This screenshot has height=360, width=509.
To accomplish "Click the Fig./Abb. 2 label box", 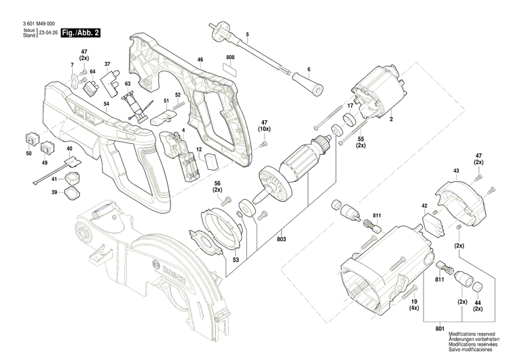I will (x=80, y=33).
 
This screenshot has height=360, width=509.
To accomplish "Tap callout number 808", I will (x=230, y=56).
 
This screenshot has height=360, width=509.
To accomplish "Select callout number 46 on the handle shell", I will (x=200, y=61).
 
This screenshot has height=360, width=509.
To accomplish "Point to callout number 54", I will (x=107, y=103).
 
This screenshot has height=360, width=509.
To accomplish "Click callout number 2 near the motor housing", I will (x=391, y=120).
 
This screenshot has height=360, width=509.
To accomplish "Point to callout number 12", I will (x=199, y=149).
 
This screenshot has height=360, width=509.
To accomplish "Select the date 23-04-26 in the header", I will (x=48, y=33).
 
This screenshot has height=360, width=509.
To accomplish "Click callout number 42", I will (x=424, y=205).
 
